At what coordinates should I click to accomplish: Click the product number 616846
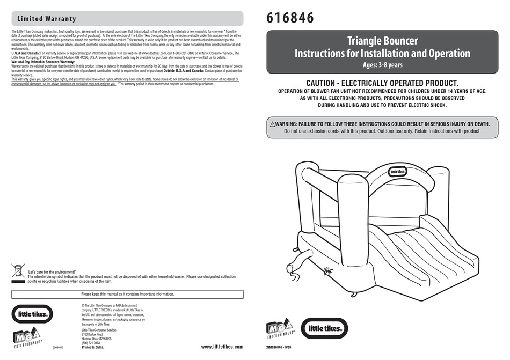click(290, 18)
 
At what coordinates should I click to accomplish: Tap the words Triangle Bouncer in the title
click(382, 41)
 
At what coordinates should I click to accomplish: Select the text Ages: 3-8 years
click(382, 65)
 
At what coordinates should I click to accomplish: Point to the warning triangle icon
click(273, 124)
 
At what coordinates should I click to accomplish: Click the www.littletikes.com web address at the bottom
click(222, 347)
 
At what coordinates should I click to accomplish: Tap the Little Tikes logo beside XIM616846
click(324, 328)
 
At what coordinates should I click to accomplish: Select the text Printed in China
click(93, 347)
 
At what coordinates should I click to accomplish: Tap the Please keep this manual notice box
click(127, 294)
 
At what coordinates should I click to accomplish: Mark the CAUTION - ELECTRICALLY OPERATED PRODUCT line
click(382, 83)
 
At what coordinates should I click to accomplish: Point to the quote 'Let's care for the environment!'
click(52, 272)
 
